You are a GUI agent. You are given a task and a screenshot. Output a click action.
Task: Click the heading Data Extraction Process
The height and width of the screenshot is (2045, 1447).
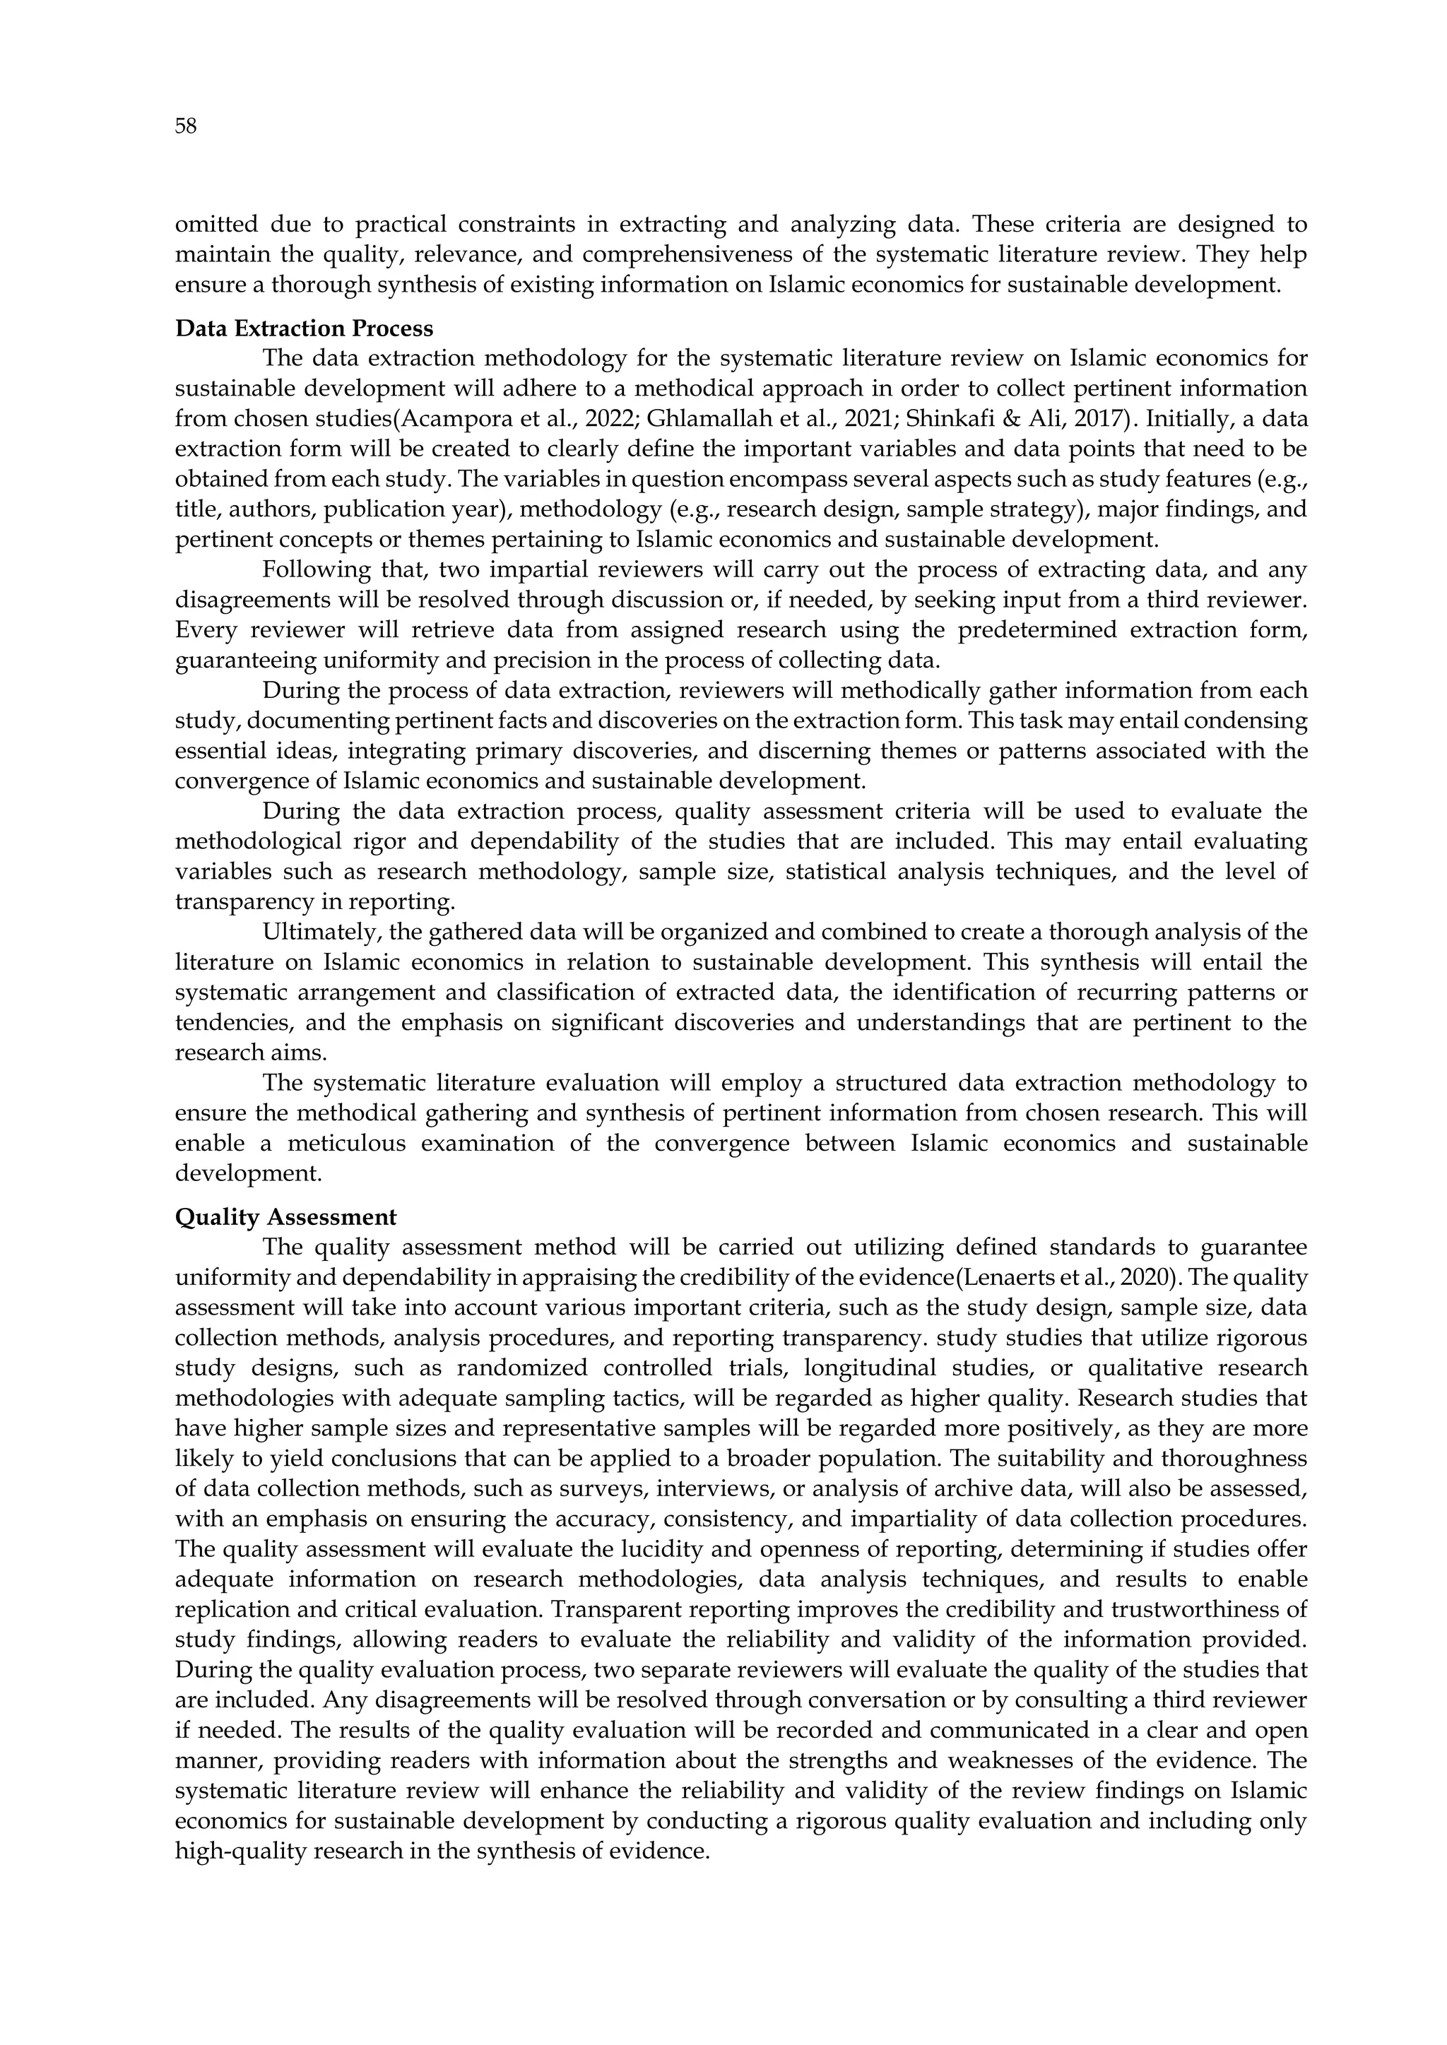click(304, 328)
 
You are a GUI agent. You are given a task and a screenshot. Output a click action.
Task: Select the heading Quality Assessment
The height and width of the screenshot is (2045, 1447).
click(285, 1216)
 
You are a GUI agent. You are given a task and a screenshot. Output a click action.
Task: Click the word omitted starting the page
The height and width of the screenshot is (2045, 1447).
click(214, 225)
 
